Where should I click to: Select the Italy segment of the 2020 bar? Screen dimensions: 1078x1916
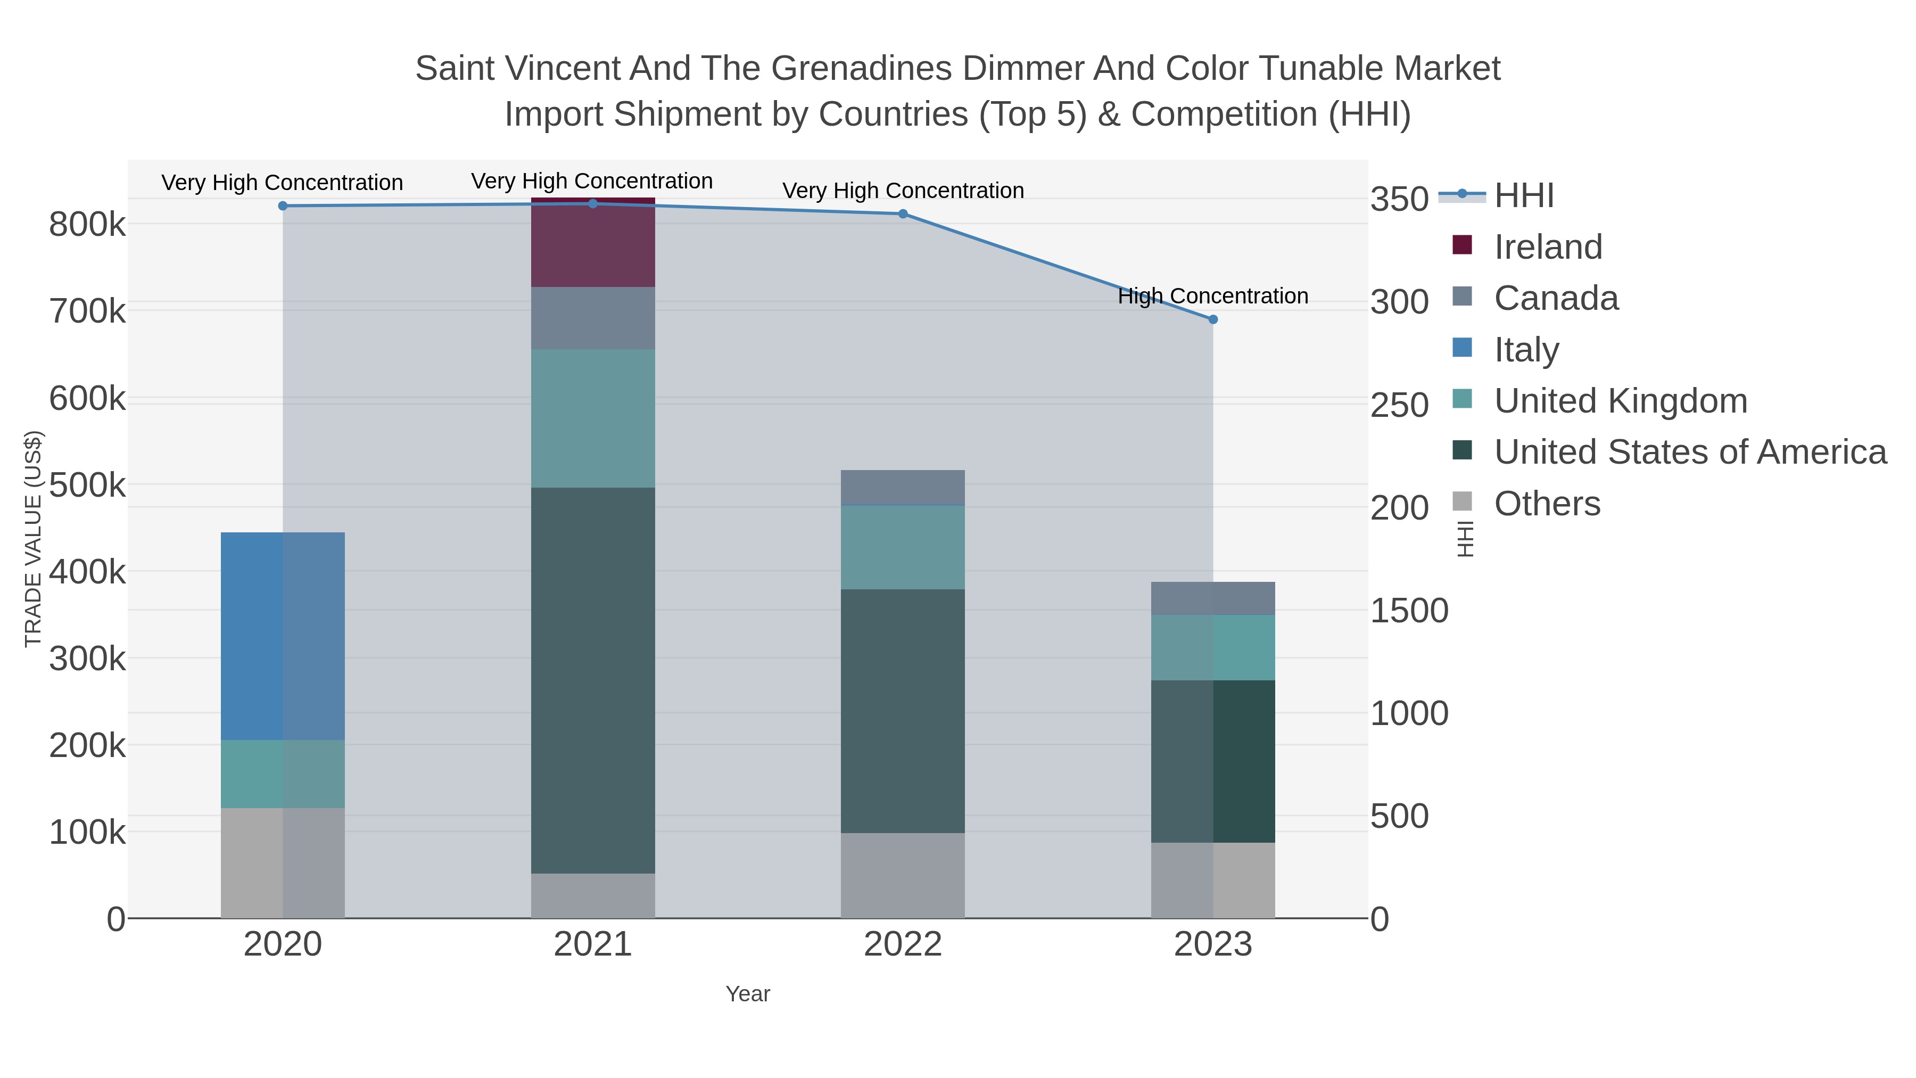pos(283,636)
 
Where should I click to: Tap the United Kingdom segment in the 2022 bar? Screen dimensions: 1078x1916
pos(902,548)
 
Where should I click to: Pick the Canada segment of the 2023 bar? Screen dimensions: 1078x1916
pos(1212,598)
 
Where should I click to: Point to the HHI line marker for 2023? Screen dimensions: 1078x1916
pos(1212,319)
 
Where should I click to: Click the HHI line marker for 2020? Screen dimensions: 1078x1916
pos(283,206)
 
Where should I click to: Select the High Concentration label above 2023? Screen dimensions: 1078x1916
pos(1212,296)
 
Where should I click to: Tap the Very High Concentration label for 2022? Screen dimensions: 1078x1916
pos(902,191)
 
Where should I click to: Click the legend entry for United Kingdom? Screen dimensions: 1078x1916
pos(1620,401)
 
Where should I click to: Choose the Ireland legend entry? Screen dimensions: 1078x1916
pos(1548,247)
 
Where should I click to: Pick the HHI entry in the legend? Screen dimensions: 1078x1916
pos(1523,196)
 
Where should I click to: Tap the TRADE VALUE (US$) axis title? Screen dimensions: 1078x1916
pos(34,539)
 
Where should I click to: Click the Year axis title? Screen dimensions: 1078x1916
pos(748,994)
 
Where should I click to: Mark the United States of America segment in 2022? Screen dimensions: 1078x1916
pos(902,711)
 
